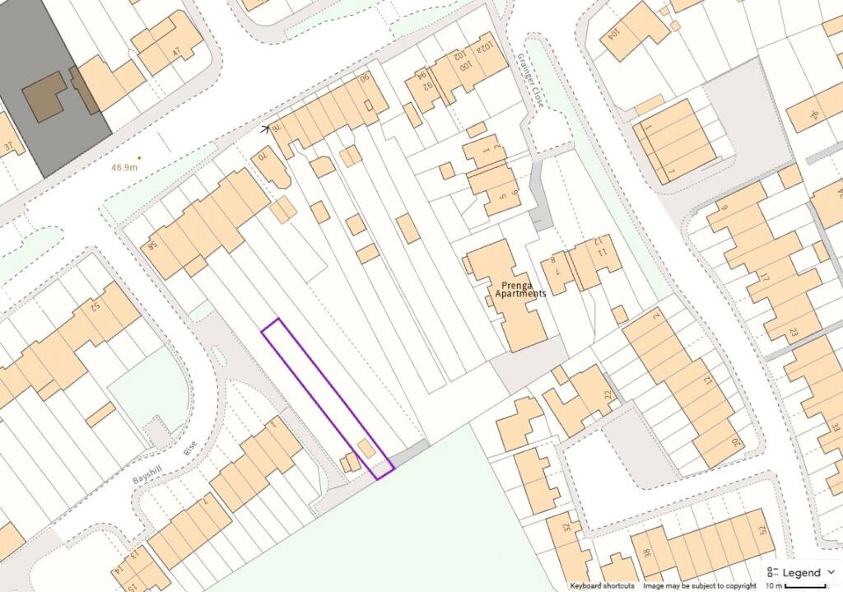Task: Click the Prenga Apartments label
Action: click(x=519, y=289)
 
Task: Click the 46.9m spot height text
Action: click(x=125, y=167)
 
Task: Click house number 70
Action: click(x=263, y=154)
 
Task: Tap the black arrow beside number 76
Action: click(x=266, y=129)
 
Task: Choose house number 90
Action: click(x=364, y=79)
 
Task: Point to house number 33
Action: click(x=834, y=428)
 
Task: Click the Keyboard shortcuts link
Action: click(x=602, y=585)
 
